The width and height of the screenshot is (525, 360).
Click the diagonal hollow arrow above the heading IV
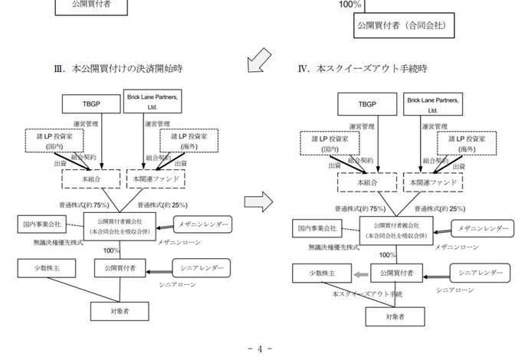[260, 58]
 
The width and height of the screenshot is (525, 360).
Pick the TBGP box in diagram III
[90, 103]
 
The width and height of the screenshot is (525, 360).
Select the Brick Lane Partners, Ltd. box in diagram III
[153, 103]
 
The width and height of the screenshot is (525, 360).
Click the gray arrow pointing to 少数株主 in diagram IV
[362, 273]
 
